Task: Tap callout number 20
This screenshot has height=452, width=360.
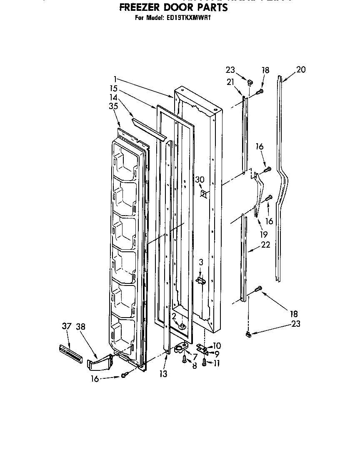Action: coord(300,70)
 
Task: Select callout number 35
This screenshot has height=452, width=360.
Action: coord(113,106)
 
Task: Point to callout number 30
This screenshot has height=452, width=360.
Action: coord(200,179)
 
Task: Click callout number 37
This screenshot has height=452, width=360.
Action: coord(66,326)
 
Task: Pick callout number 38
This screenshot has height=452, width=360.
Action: coord(81,326)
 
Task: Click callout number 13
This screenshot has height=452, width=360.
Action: coord(163,374)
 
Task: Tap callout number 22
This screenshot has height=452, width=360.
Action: coord(265,245)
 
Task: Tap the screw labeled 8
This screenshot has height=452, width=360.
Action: coord(184,359)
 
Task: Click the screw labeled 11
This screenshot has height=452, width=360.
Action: coord(204,362)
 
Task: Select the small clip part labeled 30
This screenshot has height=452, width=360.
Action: coord(204,193)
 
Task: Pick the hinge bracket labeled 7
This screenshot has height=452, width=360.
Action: coord(181,347)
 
